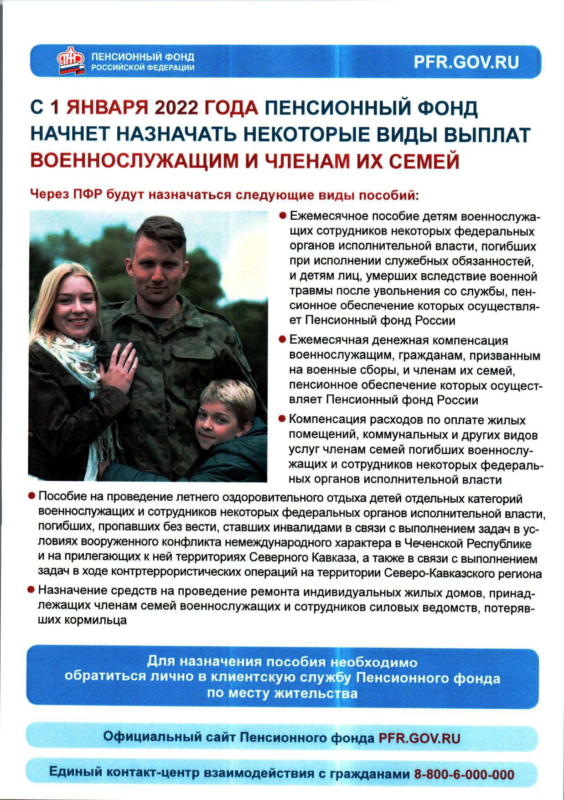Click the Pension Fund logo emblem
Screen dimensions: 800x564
71,61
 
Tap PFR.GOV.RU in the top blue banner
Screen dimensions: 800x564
466,62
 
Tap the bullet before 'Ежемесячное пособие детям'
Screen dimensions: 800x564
283,215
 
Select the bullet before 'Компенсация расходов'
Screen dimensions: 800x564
283,418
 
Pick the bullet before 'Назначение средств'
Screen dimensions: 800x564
31,590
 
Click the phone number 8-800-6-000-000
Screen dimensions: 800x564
464,774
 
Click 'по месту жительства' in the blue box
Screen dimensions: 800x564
282,694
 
